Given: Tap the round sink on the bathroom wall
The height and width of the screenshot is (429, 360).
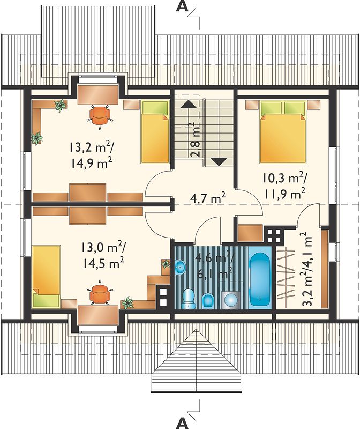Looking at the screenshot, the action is [180, 267].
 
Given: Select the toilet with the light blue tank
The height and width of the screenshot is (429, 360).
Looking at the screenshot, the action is [188, 299].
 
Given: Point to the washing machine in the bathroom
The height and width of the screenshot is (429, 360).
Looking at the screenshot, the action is [231, 300].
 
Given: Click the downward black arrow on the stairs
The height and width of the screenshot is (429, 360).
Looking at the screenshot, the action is [220, 162].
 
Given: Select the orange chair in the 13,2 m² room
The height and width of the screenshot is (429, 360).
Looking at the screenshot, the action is [99, 116].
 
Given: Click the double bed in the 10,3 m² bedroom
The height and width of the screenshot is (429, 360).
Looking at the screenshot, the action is [282, 132].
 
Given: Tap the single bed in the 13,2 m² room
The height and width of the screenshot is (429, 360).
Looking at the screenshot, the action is [155, 132].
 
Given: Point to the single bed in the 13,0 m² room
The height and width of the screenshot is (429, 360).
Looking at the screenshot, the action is [46, 276].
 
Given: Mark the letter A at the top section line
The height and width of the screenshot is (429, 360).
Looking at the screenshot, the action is [182, 6].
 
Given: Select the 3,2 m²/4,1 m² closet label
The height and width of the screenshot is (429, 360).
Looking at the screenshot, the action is [306, 270].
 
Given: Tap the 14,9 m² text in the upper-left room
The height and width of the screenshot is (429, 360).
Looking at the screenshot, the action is [92, 164].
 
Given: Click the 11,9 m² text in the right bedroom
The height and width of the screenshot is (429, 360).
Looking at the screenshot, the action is [284, 194].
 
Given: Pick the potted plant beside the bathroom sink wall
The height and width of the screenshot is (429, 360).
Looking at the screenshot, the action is [166, 264].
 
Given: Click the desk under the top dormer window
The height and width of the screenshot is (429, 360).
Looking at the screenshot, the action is [98, 95].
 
